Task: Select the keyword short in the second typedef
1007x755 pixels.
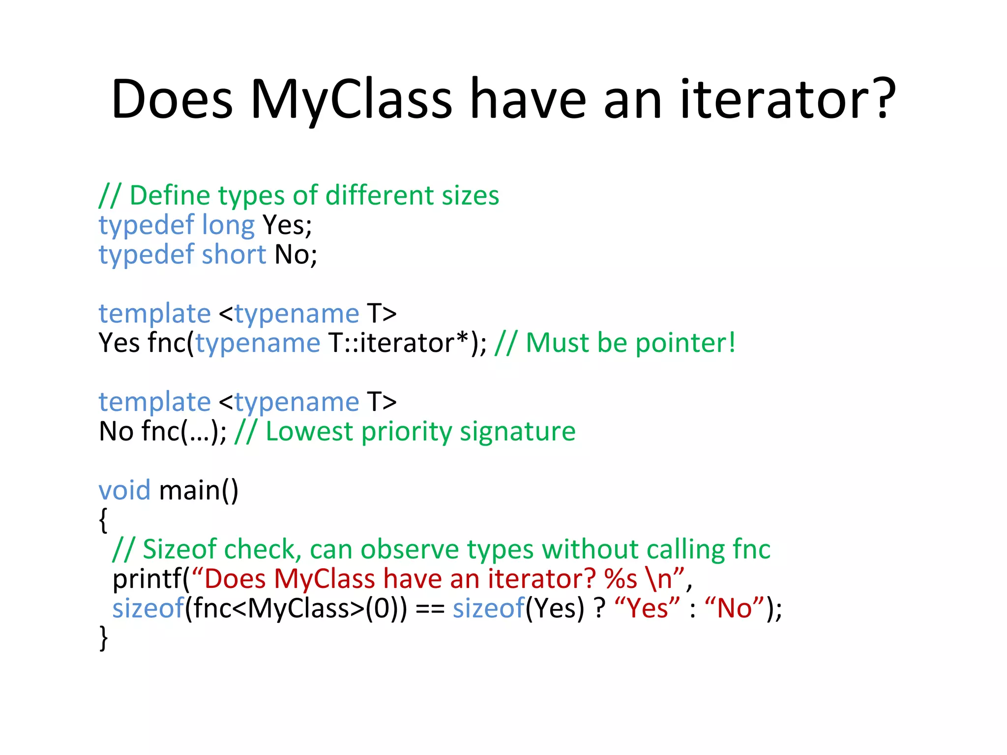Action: (234, 255)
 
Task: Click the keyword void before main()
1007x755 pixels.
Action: (124, 491)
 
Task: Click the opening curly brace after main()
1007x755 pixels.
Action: (103, 520)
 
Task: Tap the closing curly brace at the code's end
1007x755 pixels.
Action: (103, 638)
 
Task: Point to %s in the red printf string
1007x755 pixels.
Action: (621, 579)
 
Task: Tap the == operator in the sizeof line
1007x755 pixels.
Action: (430, 609)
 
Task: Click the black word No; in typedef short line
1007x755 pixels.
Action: (296, 255)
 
